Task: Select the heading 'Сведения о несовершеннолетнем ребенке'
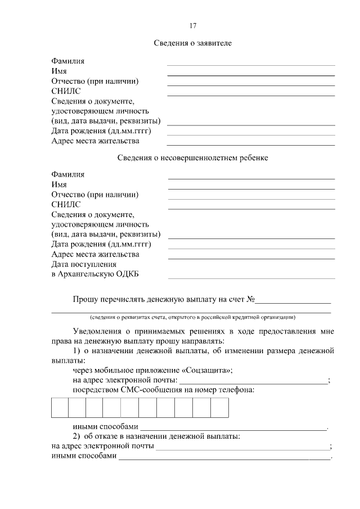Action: point(193,157)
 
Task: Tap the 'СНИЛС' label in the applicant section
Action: point(66,91)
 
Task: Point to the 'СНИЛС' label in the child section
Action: point(66,204)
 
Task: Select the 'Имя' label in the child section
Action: point(59,184)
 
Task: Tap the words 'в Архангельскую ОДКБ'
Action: point(94,274)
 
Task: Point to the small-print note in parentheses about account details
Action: point(191,316)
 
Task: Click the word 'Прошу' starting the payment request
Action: point(85,299)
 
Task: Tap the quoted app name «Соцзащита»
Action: point(205,370)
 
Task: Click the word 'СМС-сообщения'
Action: point(154,389)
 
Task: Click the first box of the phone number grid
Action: point(60,408)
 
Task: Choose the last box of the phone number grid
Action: point(220,408)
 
